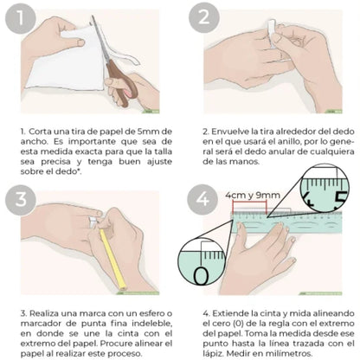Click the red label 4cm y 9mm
tap(251, 196)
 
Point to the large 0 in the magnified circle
tap(202, 275)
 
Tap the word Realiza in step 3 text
tap(42, 312)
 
